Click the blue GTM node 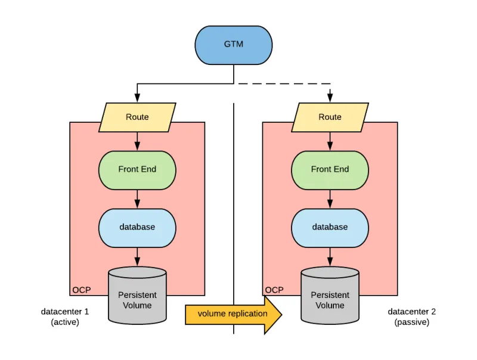coord(234,45)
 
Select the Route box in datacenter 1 coord(137,117)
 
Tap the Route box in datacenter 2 coord(330,117)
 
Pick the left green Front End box coord(137,169)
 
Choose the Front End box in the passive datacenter coord(330,169)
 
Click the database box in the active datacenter coord(137,227)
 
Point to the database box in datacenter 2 coord(330,227)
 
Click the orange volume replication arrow coord(233,314)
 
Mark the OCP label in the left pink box coord(81,290)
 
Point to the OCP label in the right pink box coord(274,290)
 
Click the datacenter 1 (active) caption coord(64,316)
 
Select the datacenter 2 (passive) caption coord(412,316)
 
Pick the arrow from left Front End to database coord(137,198)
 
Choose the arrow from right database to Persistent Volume coord(330,256)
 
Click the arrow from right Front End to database coord(330,198)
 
